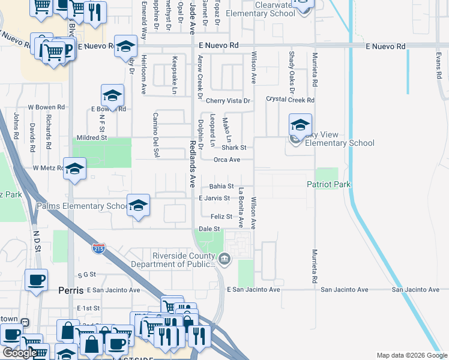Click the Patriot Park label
(328, 185)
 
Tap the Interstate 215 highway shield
(100, 247)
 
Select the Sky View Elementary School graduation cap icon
(300, 125)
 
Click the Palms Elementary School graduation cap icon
(138, 206)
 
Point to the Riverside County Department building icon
(224, 259)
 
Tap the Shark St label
(234, 148)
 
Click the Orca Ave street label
(227, 160)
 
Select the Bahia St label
(221, 187)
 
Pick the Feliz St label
(221, 217)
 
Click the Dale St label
(209, 229)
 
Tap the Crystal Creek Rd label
(290, 100)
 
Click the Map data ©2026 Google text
(411, 355)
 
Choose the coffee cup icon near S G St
(36, 280)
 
